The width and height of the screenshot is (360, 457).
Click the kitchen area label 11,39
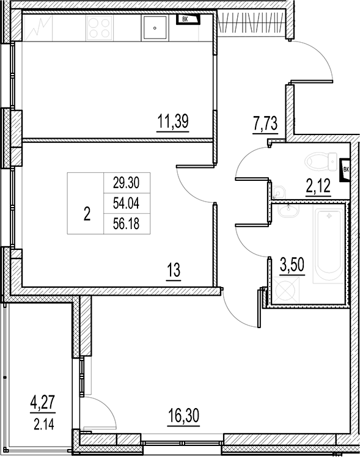coord(173,122)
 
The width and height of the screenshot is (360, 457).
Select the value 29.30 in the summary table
coord(127,183)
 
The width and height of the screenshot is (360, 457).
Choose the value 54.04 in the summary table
coord(127,203)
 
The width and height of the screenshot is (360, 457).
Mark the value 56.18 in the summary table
coord(127,224)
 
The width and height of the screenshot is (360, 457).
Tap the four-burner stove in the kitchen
coord(100,27)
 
